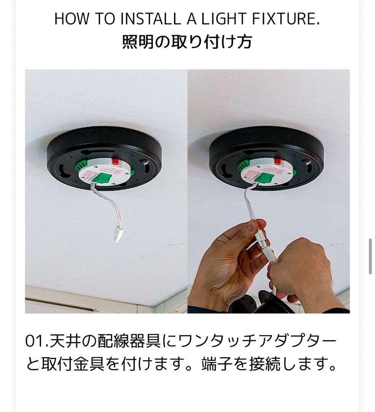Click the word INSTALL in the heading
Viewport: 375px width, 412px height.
pos(150,19)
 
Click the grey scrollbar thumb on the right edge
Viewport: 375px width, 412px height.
pos(370,256)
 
